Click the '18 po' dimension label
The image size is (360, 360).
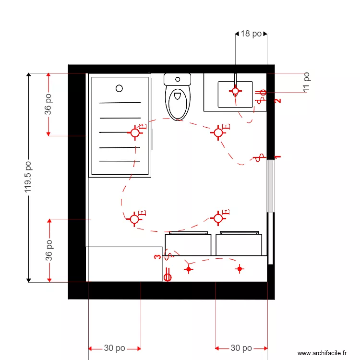click(x=251, y=34)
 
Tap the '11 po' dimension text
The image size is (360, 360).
click(x=306, y=82)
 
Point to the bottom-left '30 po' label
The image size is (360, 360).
click(x=114, y=348)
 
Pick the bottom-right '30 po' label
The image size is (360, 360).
click(x=241, y=348)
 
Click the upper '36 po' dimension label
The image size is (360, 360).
click(x=48, y=104)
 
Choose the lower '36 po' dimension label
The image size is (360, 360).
click(x=48, y=250)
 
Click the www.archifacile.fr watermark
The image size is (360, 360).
click(x=322, y=353)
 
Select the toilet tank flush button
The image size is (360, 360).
click(x=178, y=79)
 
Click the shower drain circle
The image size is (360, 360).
click(x=120, y=88)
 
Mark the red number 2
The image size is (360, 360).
click(x=277, y=101)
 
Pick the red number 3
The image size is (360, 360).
click(x=157, y=257)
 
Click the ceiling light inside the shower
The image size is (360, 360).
click(x=135, y=132)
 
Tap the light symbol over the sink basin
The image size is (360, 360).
click(x=235, y=90)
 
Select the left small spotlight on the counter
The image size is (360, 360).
click(x=188, y=269)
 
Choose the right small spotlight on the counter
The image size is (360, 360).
click(x=240, y=269)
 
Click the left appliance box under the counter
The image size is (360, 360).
click(x=188, y=244)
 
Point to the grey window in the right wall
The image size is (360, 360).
click(x=271, y=186)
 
